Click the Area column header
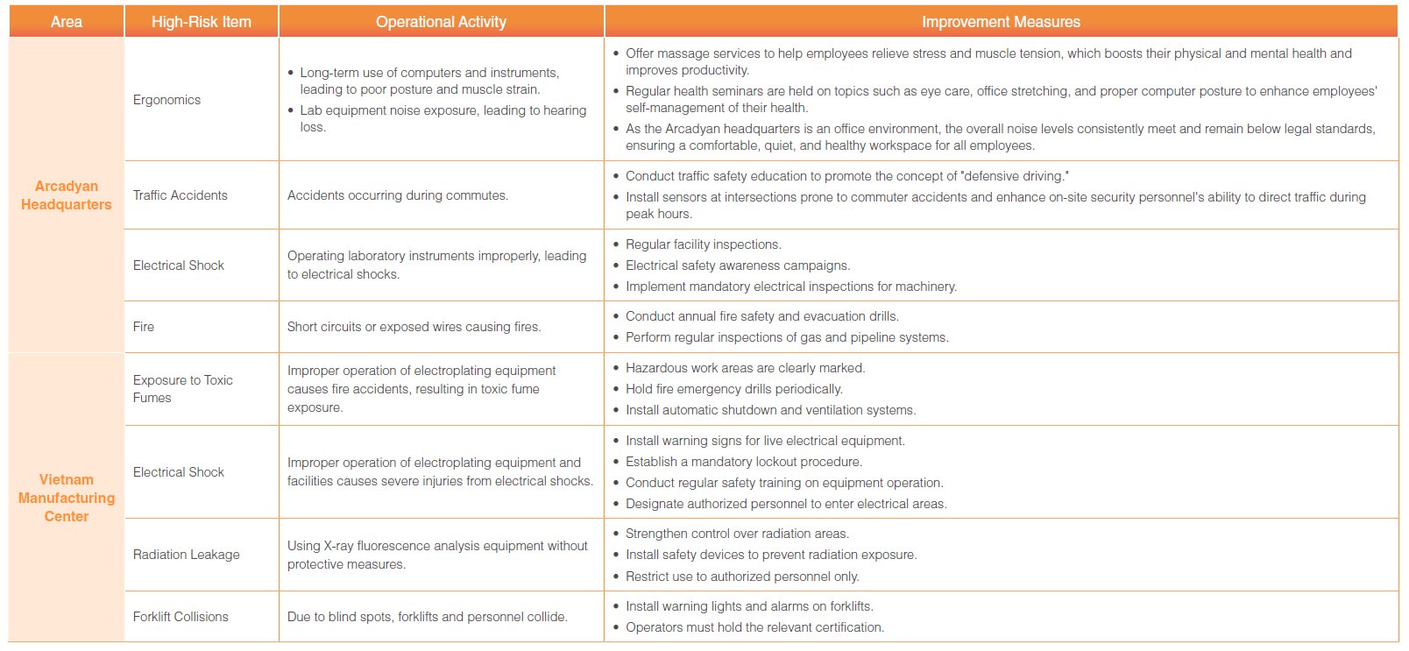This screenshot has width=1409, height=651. point(67,22)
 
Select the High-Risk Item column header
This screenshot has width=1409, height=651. point(202,22)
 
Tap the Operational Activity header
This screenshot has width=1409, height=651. point(441,22)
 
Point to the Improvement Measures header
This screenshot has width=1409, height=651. point(1001,22)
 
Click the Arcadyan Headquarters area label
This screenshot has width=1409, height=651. point(67,195)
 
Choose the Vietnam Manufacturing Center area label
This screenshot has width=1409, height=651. point(67,498)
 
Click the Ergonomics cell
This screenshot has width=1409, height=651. point(166,100)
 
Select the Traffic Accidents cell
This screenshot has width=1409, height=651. point(180,195)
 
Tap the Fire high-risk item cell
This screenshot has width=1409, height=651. point(144,327)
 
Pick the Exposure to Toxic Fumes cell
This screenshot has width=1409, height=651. point(182,389)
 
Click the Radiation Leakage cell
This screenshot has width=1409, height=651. point(186,555)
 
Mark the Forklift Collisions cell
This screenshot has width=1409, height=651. point(181,617)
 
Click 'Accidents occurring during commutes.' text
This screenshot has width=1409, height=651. point(397,195)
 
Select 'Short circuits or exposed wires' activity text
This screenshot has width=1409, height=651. point(414,327)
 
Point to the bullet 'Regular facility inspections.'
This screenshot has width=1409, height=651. point(703,244)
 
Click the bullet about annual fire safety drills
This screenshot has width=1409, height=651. point(761,316)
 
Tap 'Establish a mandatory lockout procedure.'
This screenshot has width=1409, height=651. point(743,462)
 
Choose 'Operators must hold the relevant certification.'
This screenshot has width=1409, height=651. point(754,627)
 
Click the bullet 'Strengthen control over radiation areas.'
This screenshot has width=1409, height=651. point(737,534)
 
